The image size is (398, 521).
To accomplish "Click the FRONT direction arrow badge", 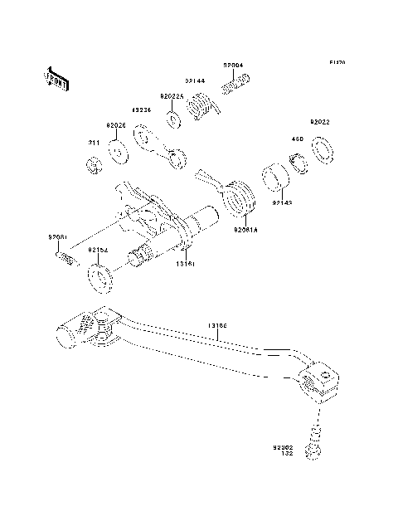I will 56,77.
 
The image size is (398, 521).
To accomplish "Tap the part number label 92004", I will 233,64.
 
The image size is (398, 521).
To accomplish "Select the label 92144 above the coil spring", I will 195,81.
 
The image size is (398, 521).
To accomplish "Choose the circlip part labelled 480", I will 297,161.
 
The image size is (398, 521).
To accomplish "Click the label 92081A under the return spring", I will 245,228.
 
